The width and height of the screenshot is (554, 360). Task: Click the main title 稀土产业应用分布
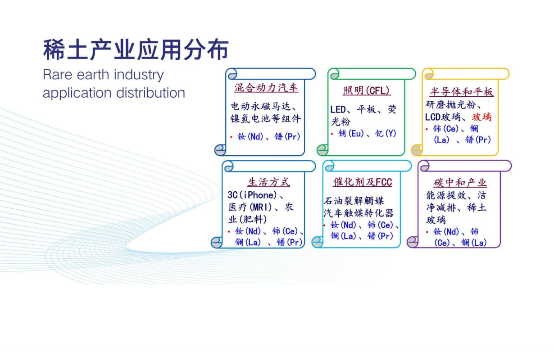[x=136, y=49]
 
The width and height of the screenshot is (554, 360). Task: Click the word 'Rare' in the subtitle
[x=58, y=74]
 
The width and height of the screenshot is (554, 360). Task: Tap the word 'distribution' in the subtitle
[x=150, y=93]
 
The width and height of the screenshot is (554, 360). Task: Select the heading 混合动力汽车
[x=266, y=88]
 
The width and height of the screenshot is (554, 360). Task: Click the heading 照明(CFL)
[x=367, y=91]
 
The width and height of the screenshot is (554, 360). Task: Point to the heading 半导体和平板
[x=462, y=92]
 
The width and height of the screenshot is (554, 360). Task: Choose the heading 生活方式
[x=268, y=182]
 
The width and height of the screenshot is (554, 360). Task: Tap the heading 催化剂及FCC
[x=362, y=182]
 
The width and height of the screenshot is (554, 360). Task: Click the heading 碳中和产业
[x=460, y=183]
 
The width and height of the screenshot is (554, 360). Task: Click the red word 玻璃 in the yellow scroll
[x=481, y=117]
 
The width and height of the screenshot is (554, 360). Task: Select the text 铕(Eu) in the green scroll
[x=351, y=133]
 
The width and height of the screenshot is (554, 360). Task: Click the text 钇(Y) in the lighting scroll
[x=386, y=133]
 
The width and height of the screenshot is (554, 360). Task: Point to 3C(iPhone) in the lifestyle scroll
[x=252, y=195]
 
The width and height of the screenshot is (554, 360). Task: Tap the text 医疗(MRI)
[x=250, y=207]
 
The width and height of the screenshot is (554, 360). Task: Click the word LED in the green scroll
[x=338, y=109]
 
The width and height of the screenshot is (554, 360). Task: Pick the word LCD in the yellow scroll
[x=433, y=117]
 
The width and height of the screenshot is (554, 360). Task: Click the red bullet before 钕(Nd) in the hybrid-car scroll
[x=231, y=137]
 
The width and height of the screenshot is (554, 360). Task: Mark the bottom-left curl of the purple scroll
[x=413, y=242]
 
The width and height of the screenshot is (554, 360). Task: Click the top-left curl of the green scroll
[x=334, y=74]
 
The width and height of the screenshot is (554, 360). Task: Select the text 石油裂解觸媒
[x=354, y=201]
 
